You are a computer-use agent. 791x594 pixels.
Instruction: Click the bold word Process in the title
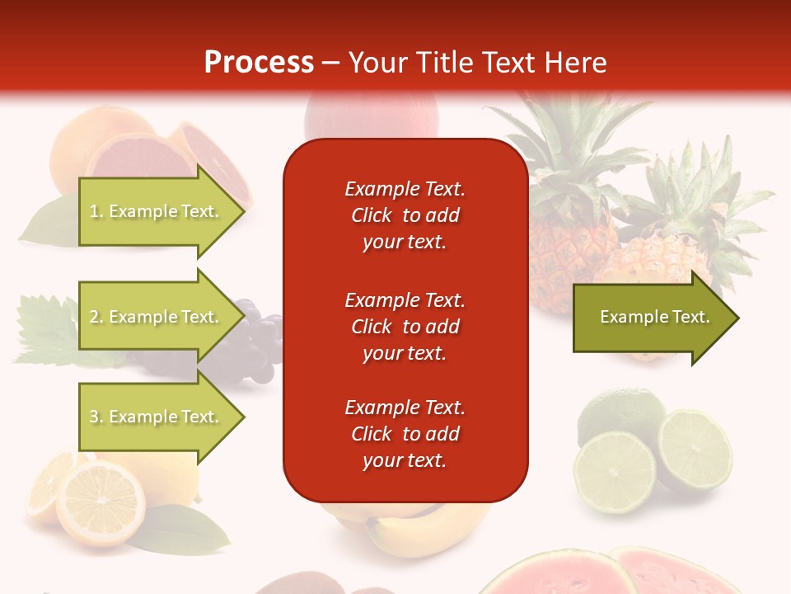(x=259, y=63)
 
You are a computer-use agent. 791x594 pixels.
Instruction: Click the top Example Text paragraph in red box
(x=405, y=215)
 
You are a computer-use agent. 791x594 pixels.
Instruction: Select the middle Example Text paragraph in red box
(x=405, y=327)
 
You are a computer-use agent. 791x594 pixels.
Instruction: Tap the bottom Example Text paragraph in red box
(x=405, y=434)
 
